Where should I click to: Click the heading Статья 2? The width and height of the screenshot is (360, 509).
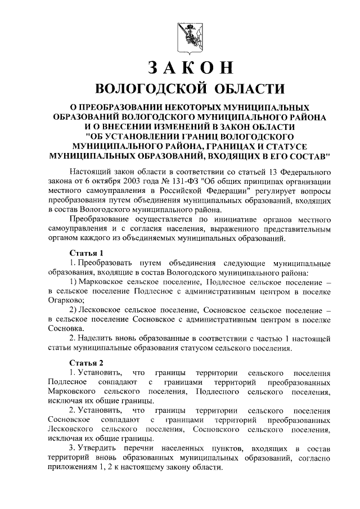pyautogui.click(x=86, y=362)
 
